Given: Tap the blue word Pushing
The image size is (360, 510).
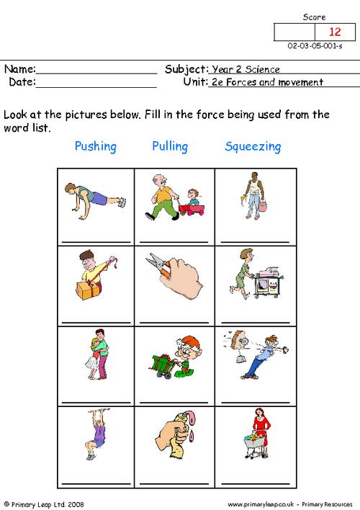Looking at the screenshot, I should (95, 147).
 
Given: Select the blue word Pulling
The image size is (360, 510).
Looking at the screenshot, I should (170, 147).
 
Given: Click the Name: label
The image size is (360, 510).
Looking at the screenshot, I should (20, 70).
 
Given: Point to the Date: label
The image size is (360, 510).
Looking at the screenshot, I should (22, 82).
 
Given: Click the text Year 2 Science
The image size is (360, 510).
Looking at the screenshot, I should (246, 70).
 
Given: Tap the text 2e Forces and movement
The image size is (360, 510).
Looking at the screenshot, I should (266, 82).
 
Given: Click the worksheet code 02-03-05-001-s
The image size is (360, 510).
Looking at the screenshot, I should (315, 47).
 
